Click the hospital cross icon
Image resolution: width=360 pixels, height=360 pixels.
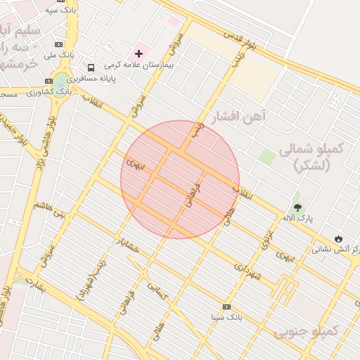click(139, 53)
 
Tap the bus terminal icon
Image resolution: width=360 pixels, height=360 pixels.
click(91, 67)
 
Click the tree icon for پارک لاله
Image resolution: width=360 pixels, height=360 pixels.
click(297, 207)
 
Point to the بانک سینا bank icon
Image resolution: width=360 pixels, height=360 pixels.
click(226, 307)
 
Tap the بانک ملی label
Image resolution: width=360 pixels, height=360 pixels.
click(59, 54)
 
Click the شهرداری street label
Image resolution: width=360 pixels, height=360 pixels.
click(247, 270)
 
